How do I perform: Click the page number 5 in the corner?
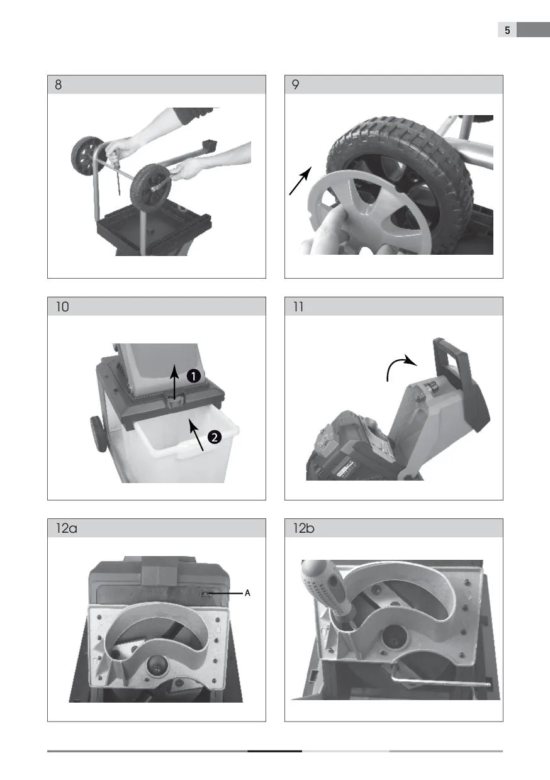507,30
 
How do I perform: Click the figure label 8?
58,85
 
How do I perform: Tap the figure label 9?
295,85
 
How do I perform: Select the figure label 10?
62,307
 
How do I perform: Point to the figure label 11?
298,307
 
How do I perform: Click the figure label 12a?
66,528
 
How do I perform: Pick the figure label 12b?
303,528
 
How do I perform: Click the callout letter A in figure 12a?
247,593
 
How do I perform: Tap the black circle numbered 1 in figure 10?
194,376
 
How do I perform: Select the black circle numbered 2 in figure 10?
214,437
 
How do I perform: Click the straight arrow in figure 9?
300,181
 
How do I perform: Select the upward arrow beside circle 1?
174,382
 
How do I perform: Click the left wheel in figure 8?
86,155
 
